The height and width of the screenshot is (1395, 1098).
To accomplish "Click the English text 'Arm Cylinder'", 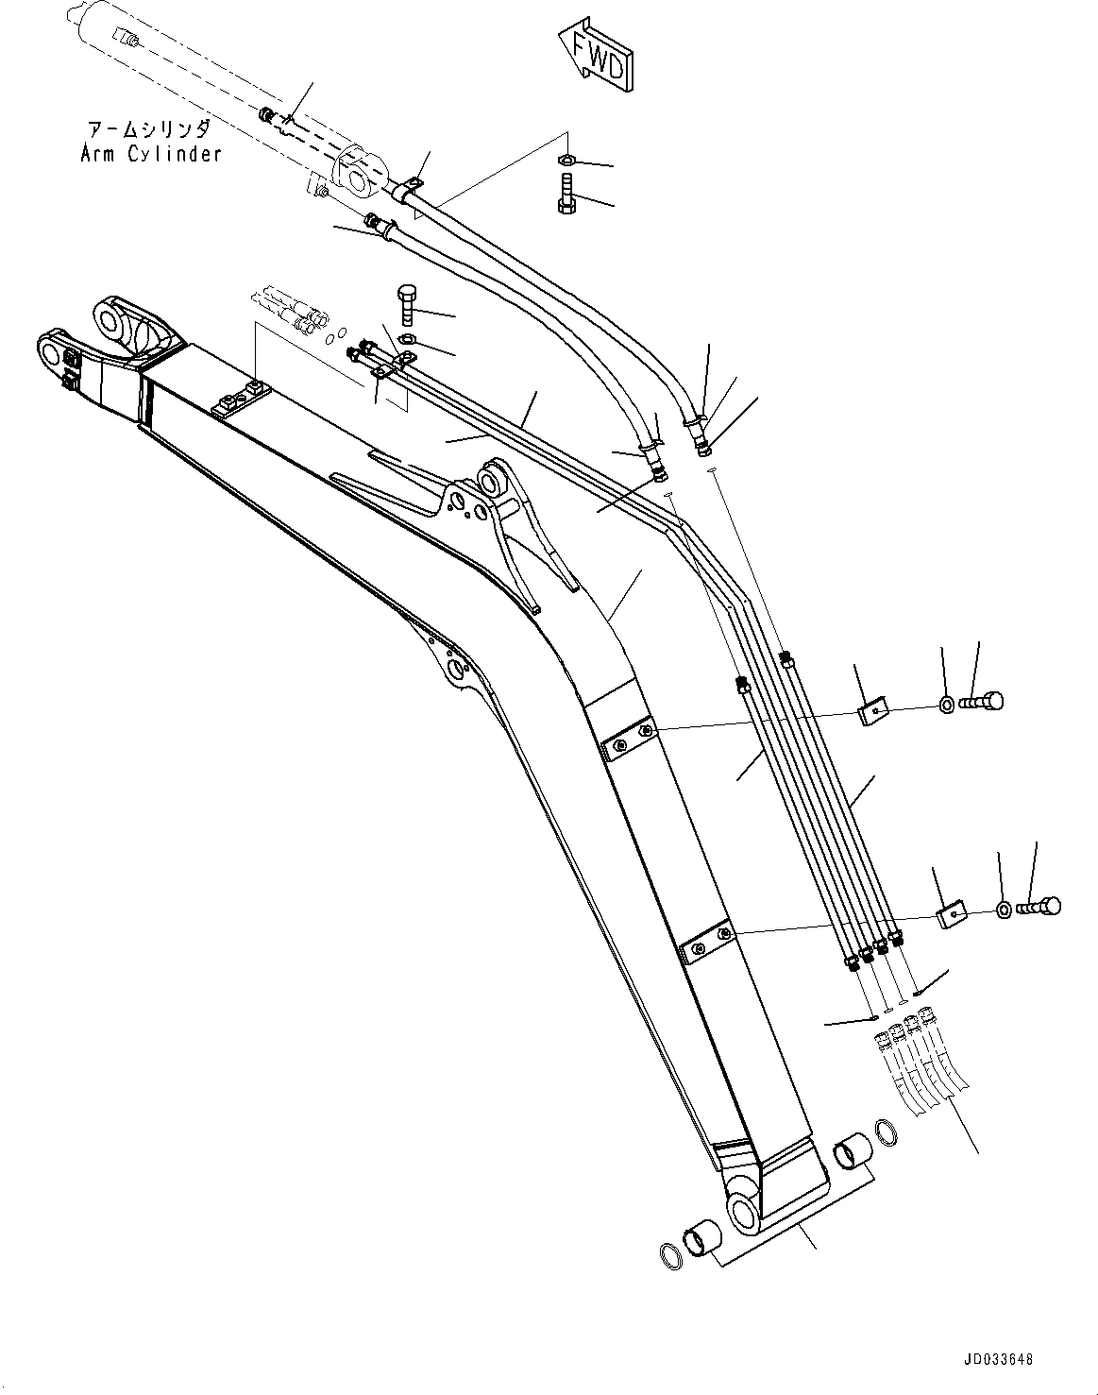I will (x=150, y=153).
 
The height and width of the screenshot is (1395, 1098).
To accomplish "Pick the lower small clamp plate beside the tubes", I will (x=953, y=914).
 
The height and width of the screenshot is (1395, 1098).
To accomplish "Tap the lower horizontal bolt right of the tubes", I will (x=1039, y=907).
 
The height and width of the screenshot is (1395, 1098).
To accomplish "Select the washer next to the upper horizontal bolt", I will (x=946, y=703).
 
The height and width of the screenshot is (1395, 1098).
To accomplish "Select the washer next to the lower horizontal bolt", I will (x=1004, y=910).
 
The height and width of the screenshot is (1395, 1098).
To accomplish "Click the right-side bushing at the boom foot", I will (x=854, y=1153).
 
